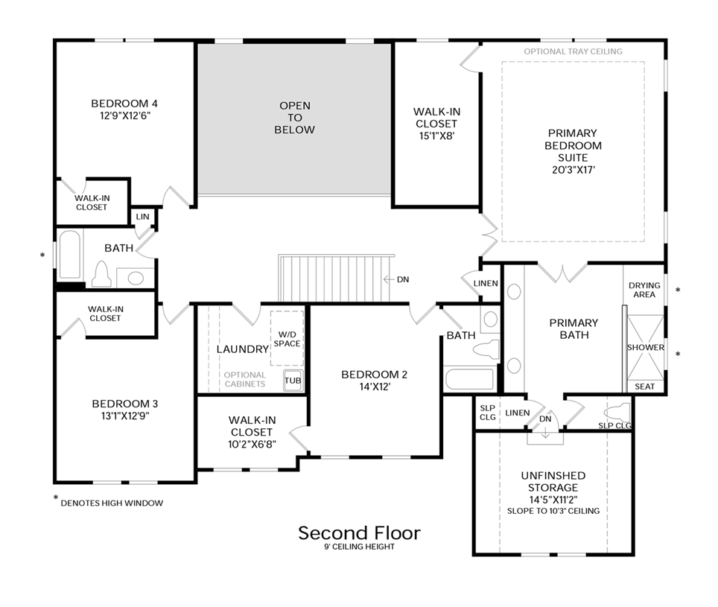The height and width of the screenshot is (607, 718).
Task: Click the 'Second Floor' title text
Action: point(359,533)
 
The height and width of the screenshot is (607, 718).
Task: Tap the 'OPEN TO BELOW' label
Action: point(295,118)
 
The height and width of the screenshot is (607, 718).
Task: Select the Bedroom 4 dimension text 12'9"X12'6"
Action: point(124,115)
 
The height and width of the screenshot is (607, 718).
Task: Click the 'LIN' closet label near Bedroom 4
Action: point(143,217)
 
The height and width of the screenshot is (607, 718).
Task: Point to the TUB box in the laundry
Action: point(293,380)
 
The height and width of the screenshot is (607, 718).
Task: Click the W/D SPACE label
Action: point(287,338)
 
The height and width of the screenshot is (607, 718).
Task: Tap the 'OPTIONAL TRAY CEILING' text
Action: point(573,51)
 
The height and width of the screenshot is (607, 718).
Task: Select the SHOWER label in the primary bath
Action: point(645,348)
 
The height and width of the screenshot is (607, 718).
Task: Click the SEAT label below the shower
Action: point(644,387)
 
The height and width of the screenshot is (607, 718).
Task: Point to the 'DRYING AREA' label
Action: point(644,290)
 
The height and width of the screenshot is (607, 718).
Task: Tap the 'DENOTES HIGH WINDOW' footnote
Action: point(112,503)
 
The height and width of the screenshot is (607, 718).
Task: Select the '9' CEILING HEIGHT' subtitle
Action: point(359,547)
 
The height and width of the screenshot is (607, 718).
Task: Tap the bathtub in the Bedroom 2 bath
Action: point(468,378)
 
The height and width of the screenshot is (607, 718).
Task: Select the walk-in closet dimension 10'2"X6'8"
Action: point(250,445)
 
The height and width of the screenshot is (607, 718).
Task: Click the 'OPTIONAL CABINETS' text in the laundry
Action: point(244,379)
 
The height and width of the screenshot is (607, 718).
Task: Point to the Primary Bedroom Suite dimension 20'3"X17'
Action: point(573,170)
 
